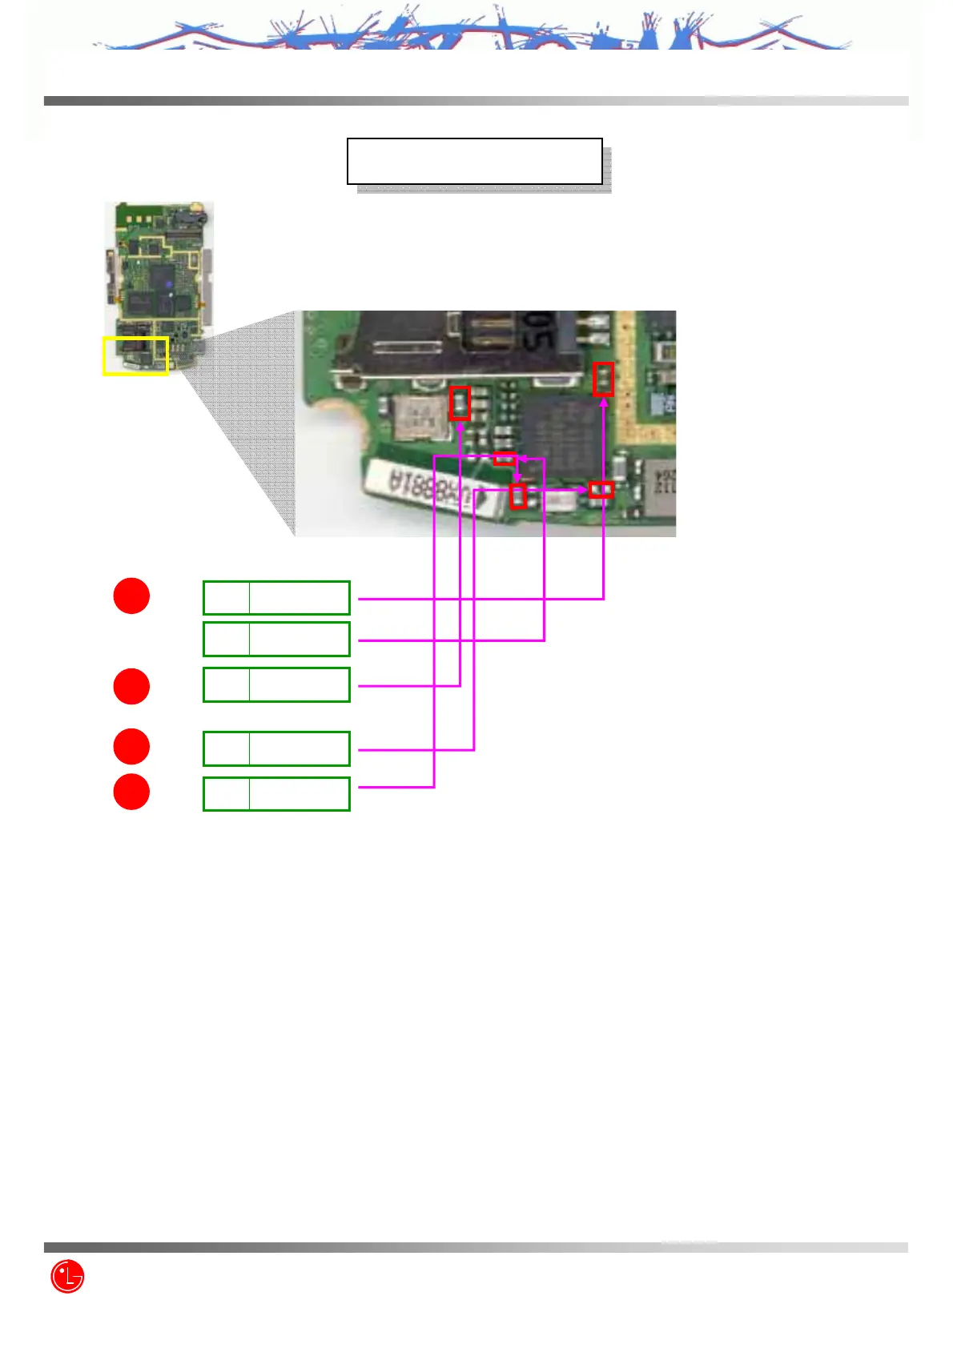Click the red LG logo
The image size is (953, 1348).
pyautogui.click(x=67, y=1276)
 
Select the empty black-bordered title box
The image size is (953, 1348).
pyautogui.click(x=474, y=161)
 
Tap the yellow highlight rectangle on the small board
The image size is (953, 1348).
pyautogui.click(x=135, y=355)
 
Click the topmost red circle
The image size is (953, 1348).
pyautogui.click(x=131, y=596)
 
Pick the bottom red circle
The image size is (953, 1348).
pyautogui.click(x=131, y=792)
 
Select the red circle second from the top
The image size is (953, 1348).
pyautogui.click(x=131, y=686)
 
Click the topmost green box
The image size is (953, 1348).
pyautogui.click(x=276, y=597)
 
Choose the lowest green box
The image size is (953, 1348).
pyautogui.click(x=276, y=793)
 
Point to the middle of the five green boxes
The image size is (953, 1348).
pyautogui.click(x=276, y=684)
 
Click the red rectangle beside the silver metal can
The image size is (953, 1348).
pyautogui.click(x=460, y=403)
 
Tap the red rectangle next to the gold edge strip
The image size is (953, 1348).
pyautogui.click(x=603, y=379)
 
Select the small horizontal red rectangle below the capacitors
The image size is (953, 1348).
pyautogui.click(x=505, y=459)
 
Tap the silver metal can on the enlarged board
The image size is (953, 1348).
pyautogui.click(x=420, y=417)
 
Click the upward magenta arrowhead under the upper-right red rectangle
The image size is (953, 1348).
pyautogui.click(x=603, y=402)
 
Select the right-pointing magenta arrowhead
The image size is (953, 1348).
pyautogui.click(x=584, y=489)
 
